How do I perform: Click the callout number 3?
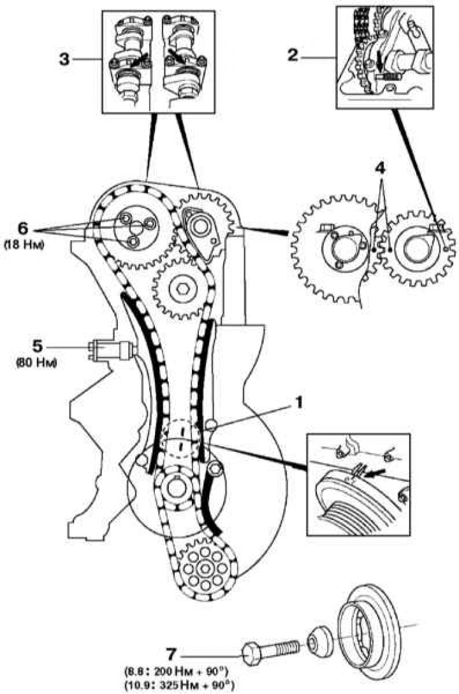[64, 59]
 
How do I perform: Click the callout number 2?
[293, 55]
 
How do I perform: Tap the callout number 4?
[381, 169]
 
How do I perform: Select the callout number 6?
[24, 229]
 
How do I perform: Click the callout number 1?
[299, 402]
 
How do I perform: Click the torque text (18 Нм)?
[24, 245]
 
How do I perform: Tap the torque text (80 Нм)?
[37, 363]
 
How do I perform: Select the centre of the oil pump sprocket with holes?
[204, 567]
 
